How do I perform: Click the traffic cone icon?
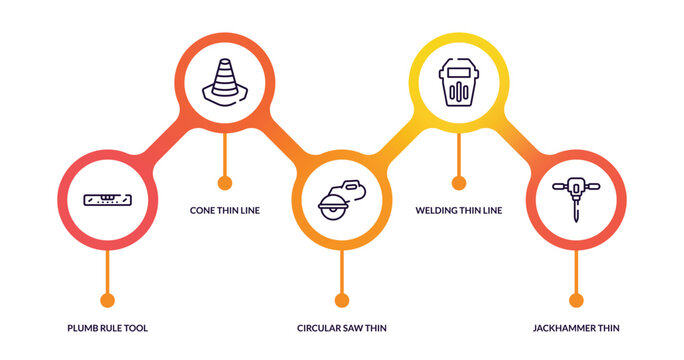[224, 80]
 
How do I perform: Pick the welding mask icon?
[458, 81]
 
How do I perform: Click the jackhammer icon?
[575, 198]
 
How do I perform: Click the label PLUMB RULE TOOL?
[107, 328]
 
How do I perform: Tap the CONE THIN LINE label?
[224, 211]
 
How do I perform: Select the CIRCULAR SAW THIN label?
[341, 328]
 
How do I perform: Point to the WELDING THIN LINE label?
[458, 211]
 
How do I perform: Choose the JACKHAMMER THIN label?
[575, 328]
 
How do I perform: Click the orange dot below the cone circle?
[224, 183]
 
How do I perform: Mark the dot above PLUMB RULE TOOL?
[107, 300]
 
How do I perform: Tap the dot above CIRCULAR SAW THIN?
[341, 300]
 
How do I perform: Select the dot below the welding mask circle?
[458, 183]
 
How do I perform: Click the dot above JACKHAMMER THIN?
[575, 300]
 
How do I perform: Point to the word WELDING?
[436, 211]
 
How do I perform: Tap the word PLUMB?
[82, 328]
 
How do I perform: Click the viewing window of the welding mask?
[458, 69]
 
